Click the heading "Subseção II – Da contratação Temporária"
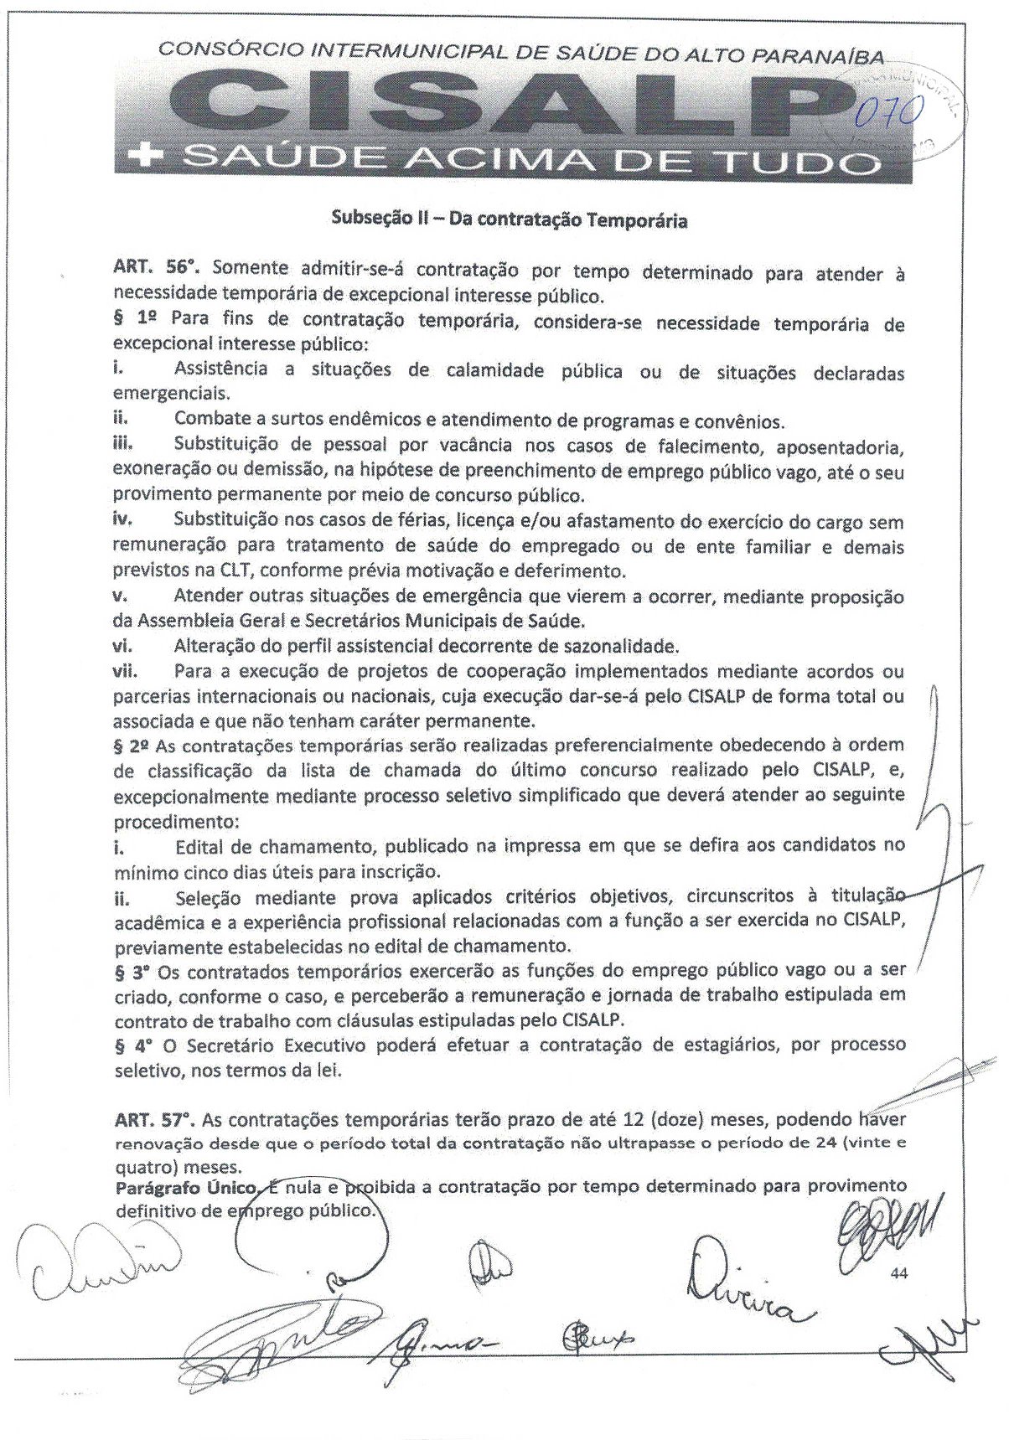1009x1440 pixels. point(510,221)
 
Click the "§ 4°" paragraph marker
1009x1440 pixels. point(134,1045)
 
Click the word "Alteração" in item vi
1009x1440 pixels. point(213,646)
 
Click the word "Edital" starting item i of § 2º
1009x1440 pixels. point(199,846)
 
